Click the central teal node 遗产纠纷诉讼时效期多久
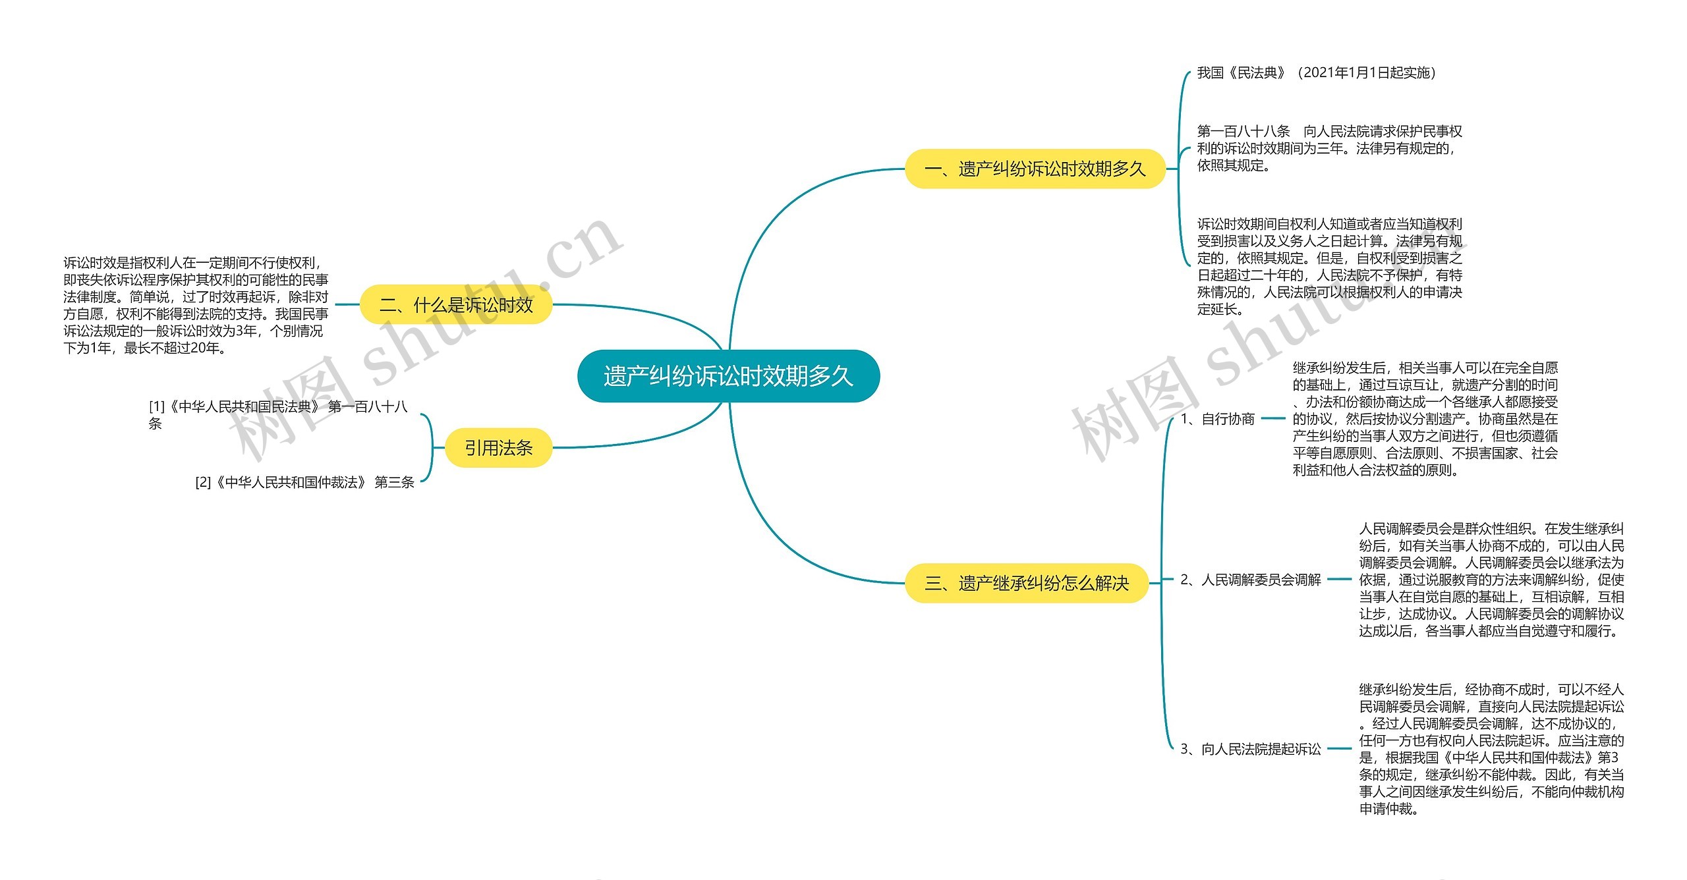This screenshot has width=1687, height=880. click(728, 376)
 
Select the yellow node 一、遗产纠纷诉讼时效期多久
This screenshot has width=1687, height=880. click(1035, 169)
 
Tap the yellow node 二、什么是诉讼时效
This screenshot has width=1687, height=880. click(456, 305)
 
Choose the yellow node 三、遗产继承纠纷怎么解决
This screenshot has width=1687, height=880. click(1026, 583)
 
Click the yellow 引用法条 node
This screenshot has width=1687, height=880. click(498, 448)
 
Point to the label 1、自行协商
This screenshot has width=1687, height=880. click(1217, 419)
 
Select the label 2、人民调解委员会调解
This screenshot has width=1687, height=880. click(1250, 580)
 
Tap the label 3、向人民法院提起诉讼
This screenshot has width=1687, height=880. click(1250, 749)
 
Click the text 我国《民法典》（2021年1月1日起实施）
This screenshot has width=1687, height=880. click(1316, 73)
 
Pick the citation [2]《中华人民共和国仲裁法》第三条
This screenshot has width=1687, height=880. click(304, 483)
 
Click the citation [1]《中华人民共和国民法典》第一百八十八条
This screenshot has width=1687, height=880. click(277, 414)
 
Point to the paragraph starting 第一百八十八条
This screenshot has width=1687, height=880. click(1329, 148)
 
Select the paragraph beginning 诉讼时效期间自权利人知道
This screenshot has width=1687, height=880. click(1329, 266)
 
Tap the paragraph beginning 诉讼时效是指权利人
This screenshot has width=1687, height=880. click(196, 306)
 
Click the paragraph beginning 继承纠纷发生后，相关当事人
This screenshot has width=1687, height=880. click(1425, 419)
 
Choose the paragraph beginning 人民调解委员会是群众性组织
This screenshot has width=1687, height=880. click(1491, 580)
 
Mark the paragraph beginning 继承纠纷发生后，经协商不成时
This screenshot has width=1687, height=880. click(1491, 749)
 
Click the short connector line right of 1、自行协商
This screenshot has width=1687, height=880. click(1273, 418)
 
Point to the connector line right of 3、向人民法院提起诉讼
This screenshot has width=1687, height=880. click(1339, 749)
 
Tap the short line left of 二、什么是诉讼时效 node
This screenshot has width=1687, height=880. click(347, 305)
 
